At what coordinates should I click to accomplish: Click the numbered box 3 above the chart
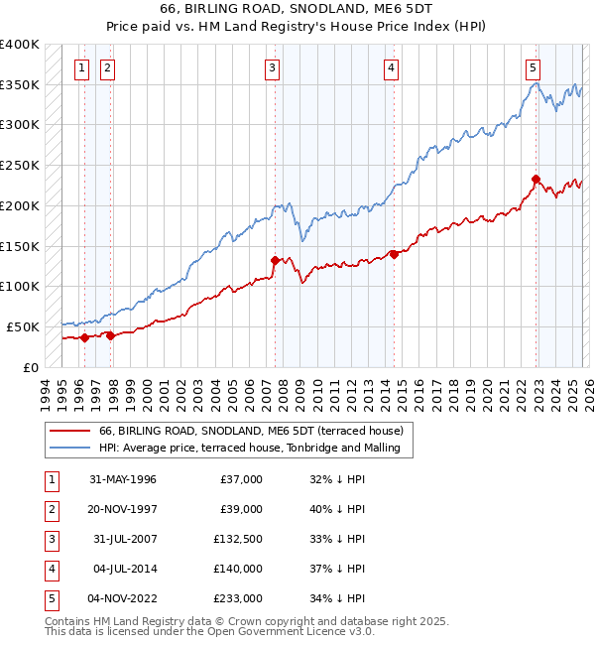(x=272, y=68)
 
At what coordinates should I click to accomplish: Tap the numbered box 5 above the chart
(x=534, y=68)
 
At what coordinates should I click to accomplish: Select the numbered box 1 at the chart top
(x=80, y=68)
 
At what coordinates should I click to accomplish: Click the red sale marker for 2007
(x=275, y=260)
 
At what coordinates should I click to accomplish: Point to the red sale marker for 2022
(x=536, y=180)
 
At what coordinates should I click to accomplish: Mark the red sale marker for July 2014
(x=395, y=254)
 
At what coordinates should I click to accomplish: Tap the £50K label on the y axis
(x=24, y=326)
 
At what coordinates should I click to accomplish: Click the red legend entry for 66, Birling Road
(x=251, y=432)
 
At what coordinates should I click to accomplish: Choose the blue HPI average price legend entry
(x=249, y=449)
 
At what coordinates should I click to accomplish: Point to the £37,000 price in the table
(x=239, y=479)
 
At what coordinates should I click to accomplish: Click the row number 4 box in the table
(x=50, y=571)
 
